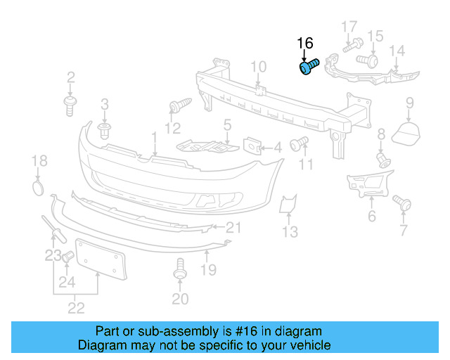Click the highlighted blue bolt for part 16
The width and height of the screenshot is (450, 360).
(x=308, y=67)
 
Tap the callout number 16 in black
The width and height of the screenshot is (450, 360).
(x=304, y=44)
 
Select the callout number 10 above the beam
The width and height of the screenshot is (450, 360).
(x=258, y=67)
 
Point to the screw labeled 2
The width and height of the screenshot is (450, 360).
(x=70, y=106)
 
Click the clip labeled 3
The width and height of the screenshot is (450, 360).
(x=105, y=131)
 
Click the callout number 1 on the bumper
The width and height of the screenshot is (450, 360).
(x=154, y=135)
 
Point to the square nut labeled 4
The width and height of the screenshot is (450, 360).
(x=252, y=146)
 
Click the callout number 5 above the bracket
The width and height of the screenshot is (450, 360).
(x=227, y=126)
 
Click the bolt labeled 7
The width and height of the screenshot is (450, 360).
(x=403, y=204)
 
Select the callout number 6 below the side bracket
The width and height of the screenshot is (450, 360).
(x=372, y=216)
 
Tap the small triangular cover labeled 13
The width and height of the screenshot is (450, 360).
(x=287, y=205)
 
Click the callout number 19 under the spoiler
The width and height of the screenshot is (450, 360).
(x=209, y=269)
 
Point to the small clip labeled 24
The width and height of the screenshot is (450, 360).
(x=67, y=258)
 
